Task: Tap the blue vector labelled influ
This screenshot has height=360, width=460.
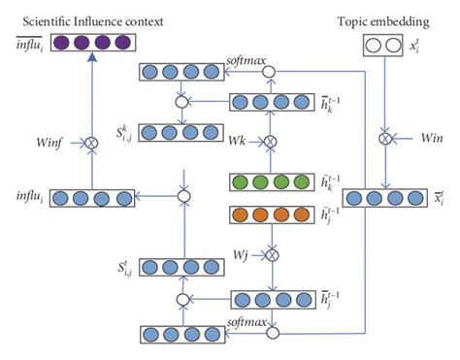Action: [94, 198]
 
